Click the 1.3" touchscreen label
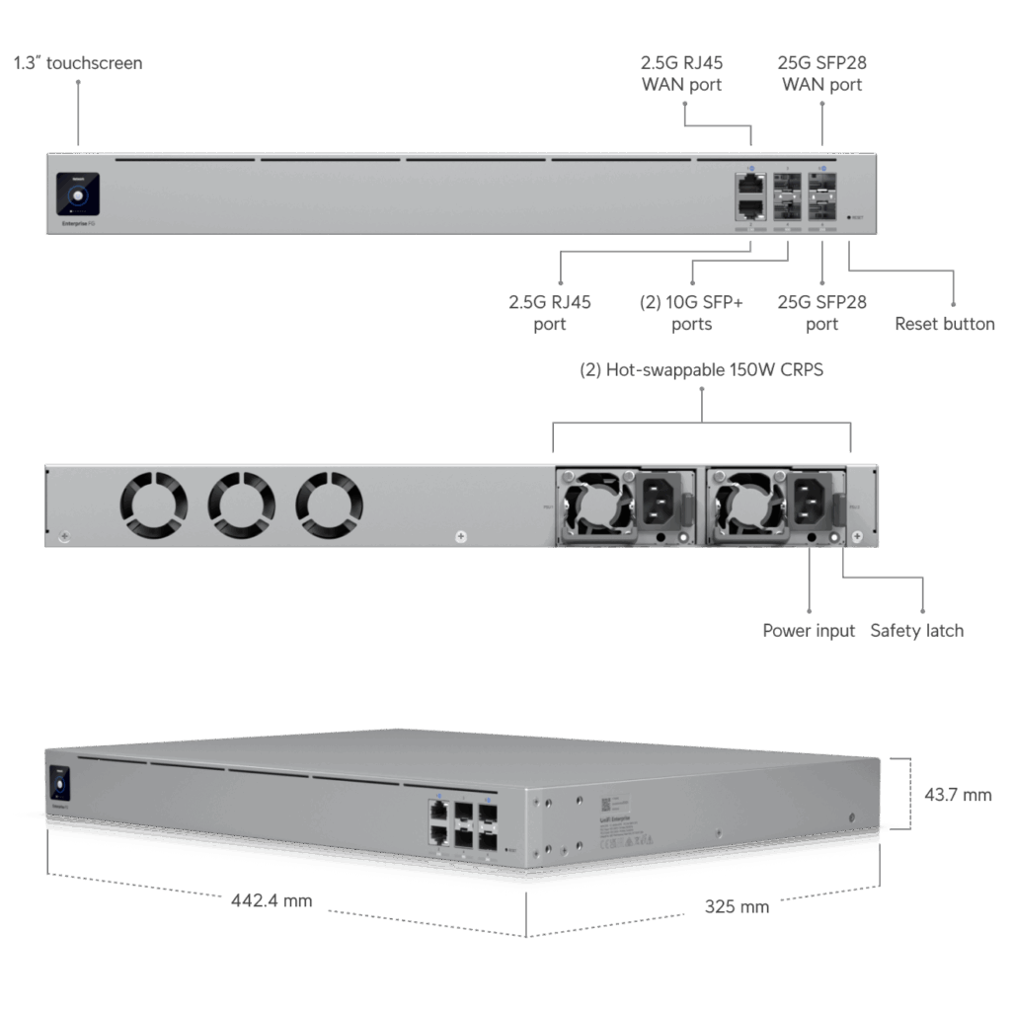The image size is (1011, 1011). point(77,63)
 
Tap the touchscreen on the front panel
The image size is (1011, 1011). point(78,194)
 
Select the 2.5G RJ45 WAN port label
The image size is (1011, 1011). point(681,74)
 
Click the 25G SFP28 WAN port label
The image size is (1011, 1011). point(822,74)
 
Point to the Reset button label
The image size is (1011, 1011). point(944,324)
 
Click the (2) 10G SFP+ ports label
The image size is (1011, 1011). point(691,313)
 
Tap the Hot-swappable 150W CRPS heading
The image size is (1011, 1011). point(701,371)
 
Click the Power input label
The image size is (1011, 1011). point(809,630)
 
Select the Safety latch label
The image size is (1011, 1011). point(916,630)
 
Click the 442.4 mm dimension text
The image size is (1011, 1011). point(271,900)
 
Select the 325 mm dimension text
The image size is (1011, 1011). point(736,906)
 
